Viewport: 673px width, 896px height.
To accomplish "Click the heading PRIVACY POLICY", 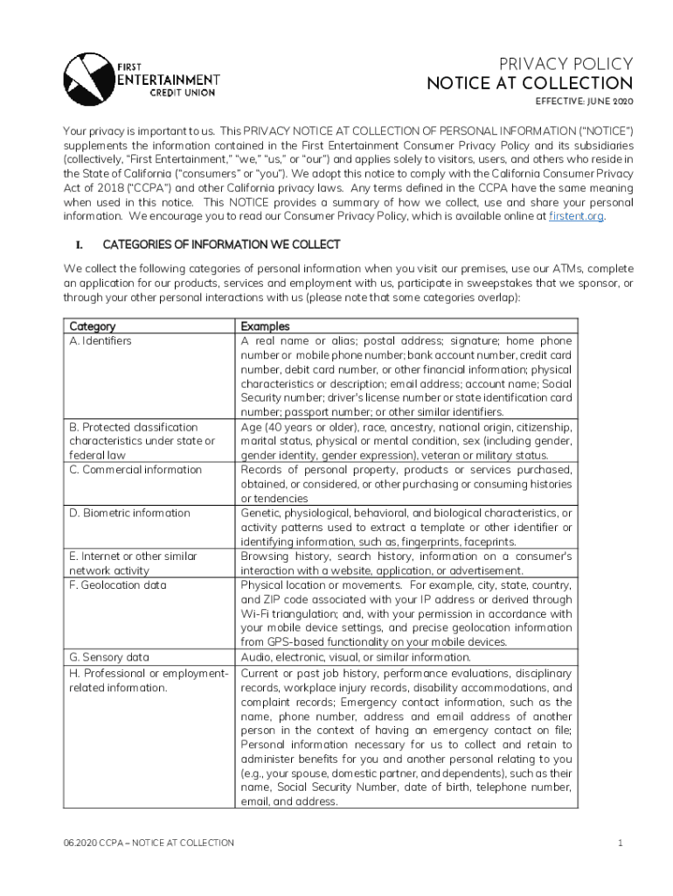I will coord(565,64).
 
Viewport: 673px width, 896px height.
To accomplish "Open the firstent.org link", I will coord(575,215).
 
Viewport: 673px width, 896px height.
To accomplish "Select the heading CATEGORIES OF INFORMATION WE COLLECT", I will coord(221,244).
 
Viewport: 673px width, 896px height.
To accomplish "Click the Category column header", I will coord(93,326).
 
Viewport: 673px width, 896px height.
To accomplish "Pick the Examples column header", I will coord(266,326).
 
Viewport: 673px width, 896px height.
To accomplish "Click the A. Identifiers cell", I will coord(101,340).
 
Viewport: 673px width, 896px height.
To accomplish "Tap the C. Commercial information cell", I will coord(135,470).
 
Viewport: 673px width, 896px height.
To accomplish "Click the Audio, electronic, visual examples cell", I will coord(356,657).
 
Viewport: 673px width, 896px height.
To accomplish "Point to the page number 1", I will coord(619,843).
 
